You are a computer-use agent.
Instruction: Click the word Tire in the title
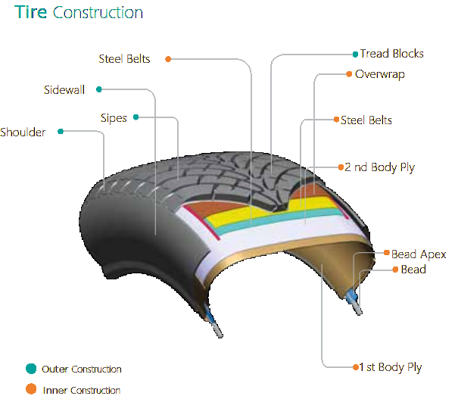31,12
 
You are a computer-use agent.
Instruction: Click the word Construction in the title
98,13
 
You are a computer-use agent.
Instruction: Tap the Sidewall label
64,89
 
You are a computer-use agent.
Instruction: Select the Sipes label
114,118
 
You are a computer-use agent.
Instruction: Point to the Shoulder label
23,133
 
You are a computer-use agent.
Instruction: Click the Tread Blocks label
391,54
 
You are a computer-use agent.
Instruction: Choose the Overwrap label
380,74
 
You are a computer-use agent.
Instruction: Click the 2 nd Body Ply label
379,167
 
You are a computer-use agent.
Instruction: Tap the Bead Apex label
419,254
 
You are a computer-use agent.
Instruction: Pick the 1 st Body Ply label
391,367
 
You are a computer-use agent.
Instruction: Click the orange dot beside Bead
395,270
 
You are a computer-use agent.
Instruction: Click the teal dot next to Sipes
136,117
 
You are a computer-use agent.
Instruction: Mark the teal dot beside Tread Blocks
355,55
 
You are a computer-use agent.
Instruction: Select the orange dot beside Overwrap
349,74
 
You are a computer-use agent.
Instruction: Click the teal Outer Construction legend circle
31,369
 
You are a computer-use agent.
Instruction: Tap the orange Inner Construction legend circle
31,389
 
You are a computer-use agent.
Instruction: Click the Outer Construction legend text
82,369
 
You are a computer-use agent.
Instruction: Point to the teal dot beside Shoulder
61,132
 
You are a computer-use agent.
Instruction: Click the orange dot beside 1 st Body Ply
356,367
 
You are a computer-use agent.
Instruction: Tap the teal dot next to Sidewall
99,89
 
